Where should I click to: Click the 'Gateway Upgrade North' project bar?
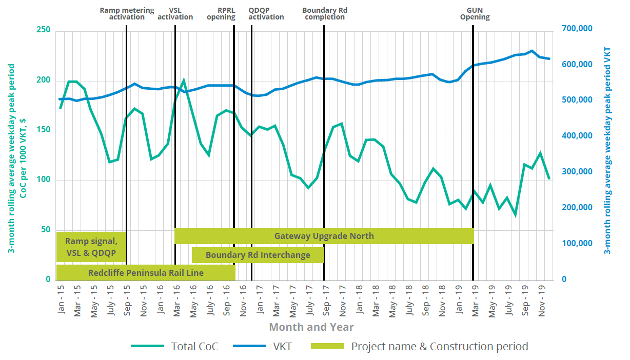pyautogui.click(x=324, y=236)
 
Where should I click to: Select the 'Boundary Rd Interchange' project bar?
pyautogui.click(x=258, y=255)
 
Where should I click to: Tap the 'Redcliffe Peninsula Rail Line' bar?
pyautogui.click(x=146, y=273)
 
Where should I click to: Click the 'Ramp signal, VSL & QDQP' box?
pyautogui.click(x=91, y=247)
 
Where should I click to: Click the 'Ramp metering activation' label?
pyautogui.click(x=127, y=13)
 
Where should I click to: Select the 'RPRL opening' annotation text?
pyautogui.click(x=221, y=13)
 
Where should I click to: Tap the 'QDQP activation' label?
pyautogui.click(x=266, y=13)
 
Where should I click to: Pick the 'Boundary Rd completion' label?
pyautogui.click(x=323, y=13)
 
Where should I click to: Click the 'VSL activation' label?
pyautogui.click(x=175, y=13)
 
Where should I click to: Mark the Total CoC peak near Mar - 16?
pyautogui.click(x=184, y=81)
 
